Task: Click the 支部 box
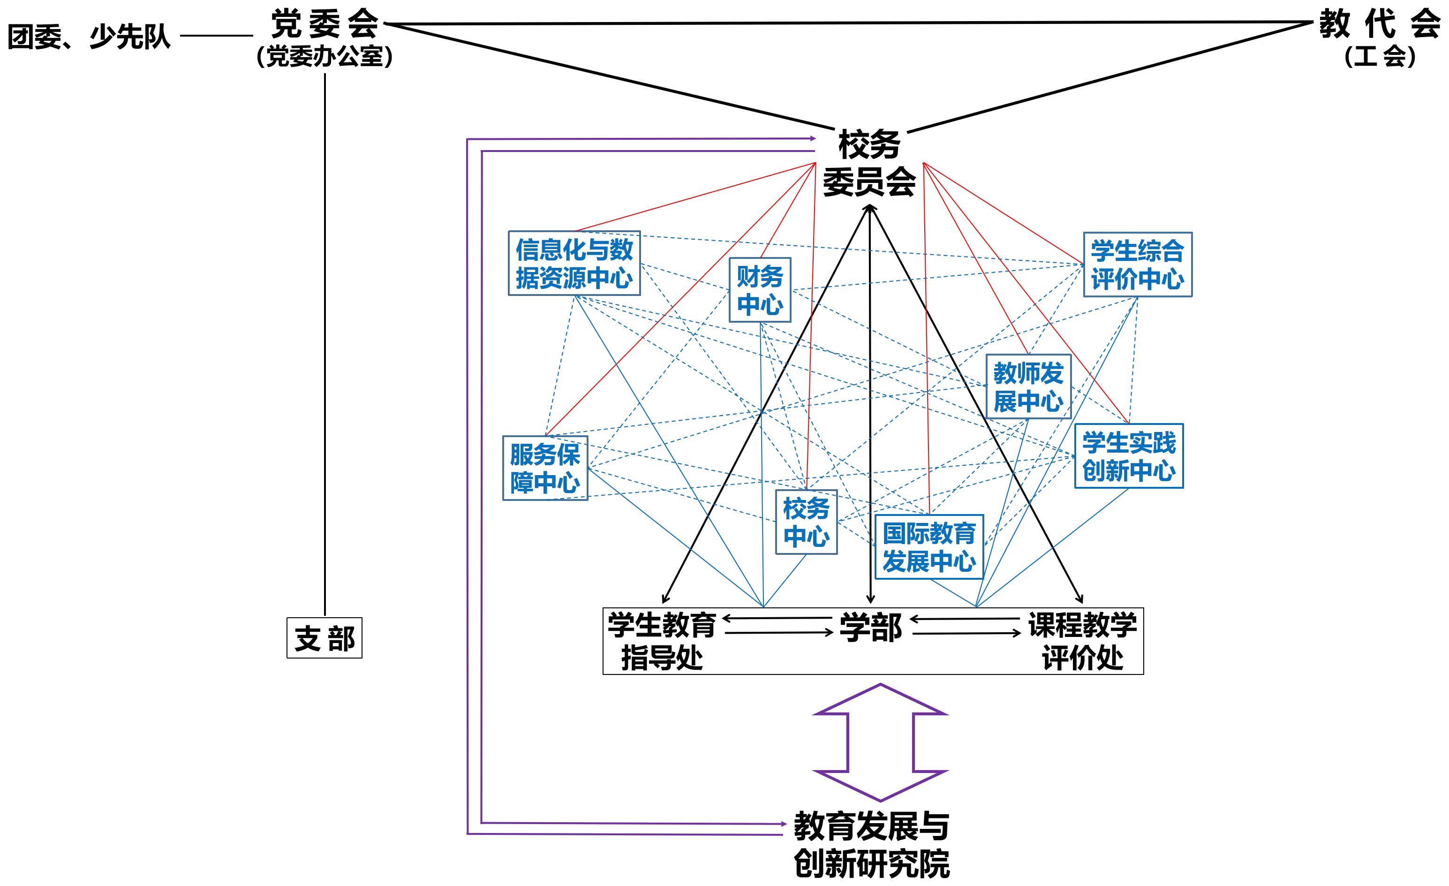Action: click(x=324, y=638)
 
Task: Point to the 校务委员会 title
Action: click(x=869, y=163)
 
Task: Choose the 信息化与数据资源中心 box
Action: click(x=574, y=263)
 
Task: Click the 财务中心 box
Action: click(x=760, y=290)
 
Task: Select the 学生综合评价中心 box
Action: click(x=1137, y=265)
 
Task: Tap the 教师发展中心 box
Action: click(x=1028, y=386)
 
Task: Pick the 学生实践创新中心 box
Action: click(x=1129, y=456)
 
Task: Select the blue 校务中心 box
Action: click(x=806, y=522)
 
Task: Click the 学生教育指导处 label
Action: click(x=662, y=641)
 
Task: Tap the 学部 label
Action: click(x=870, y=627)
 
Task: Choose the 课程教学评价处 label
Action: click(x=1082, y=641)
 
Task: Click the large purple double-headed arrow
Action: click(x=880, y=742)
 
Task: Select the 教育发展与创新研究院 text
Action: click(x=872, y=845)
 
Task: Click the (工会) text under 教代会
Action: click(x=1379, y=56)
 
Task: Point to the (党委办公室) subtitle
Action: click(x=325, y=56)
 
